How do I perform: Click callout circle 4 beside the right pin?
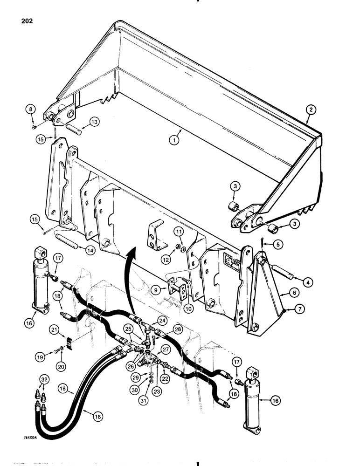pyautogui.click(x=309, y=282)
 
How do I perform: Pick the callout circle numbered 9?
pyautogui.click(x=158, y=288)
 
